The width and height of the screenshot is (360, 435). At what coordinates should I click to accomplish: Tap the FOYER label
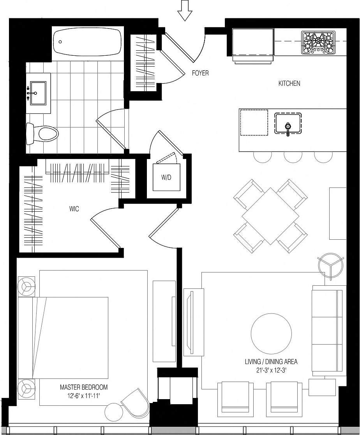[x=200, y=73]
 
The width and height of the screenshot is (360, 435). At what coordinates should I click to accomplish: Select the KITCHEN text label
[x=289, y=83]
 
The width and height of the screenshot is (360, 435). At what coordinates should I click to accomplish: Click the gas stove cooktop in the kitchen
[x=318, y=42]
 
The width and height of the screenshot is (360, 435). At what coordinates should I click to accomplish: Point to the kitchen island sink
[x=288, y=124]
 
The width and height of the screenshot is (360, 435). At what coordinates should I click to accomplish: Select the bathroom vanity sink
[x=38, y=93]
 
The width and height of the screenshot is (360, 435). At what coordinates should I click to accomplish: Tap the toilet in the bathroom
[x=42, y=134]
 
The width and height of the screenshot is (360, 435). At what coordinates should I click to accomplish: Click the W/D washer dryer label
[x=166, y=177]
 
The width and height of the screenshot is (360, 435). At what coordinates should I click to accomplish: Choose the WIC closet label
[x=74, y=209]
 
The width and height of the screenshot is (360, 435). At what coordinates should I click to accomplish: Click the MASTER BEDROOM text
[x=84, y=387]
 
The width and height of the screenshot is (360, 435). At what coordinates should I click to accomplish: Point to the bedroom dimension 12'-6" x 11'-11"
[x=84, y=394]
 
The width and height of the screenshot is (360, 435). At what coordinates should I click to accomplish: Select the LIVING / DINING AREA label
[x=271, y=362]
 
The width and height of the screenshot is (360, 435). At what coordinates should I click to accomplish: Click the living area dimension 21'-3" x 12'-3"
[x=271, y=370]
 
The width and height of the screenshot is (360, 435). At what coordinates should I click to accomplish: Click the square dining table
[x=270, y=216]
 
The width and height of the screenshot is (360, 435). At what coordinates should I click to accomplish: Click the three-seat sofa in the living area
[x=328, y=331]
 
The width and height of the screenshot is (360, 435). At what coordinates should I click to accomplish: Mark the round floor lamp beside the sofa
[x=331, y=266]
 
